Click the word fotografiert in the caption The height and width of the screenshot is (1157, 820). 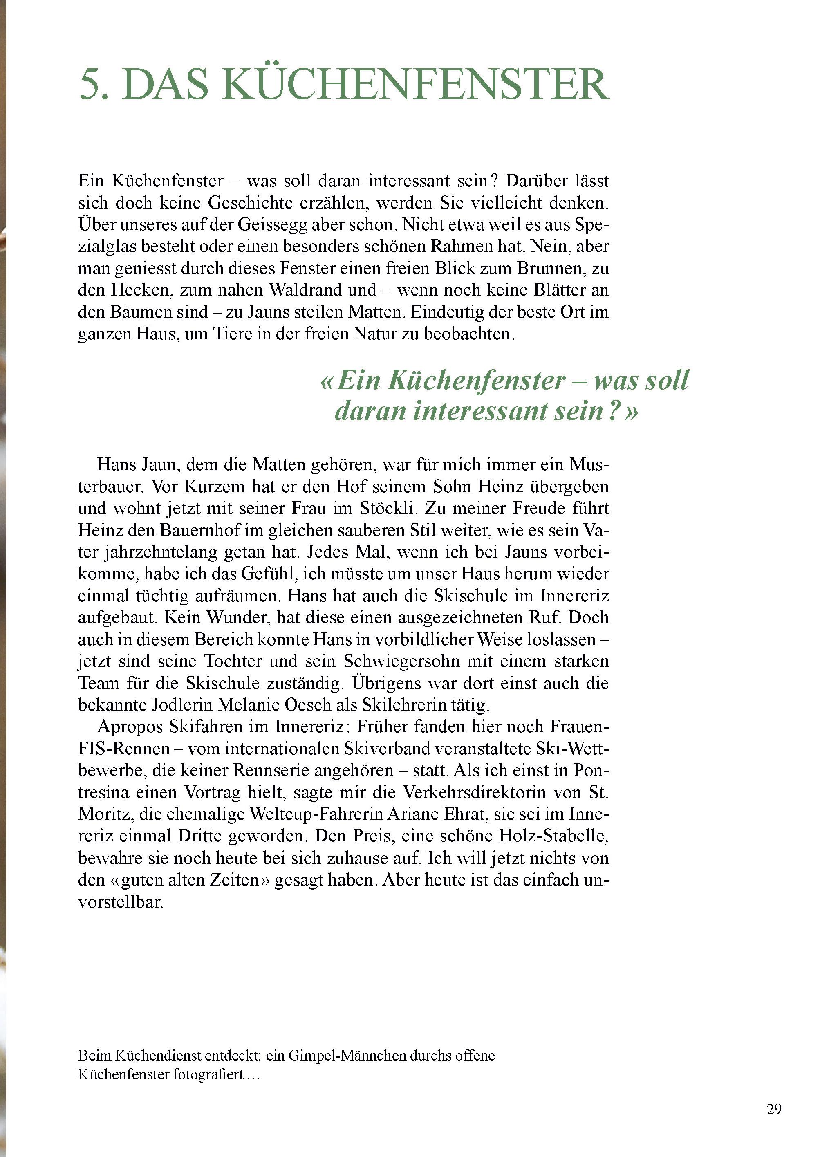[x=208, y=1060]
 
